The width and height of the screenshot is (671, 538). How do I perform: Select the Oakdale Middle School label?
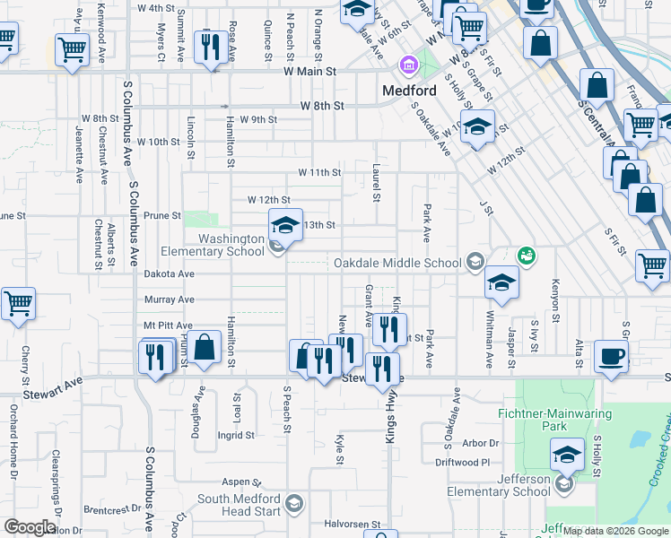pos(396,263)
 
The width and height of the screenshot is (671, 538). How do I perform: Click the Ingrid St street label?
pos(236,436)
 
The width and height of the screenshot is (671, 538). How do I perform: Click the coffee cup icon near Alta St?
pos(613,357)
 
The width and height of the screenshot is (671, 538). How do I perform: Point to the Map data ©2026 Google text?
pos(615,532)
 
